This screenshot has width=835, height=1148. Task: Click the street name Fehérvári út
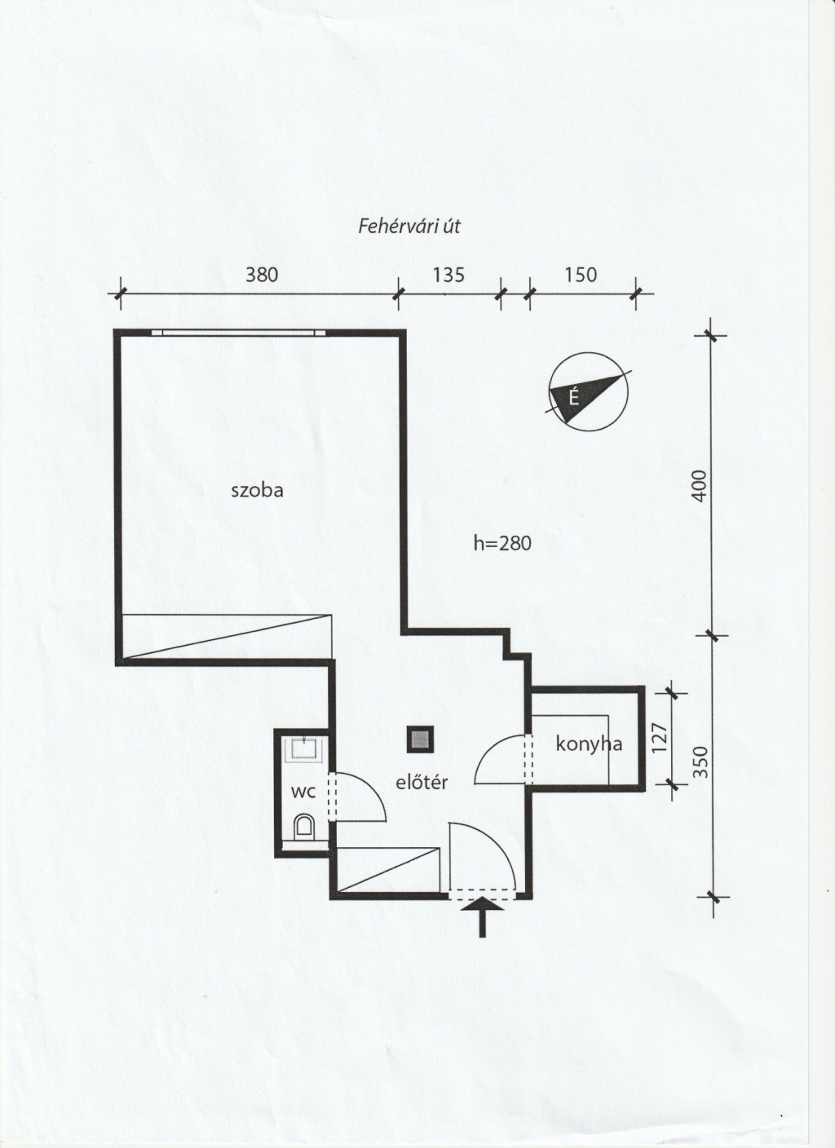coord(409,227)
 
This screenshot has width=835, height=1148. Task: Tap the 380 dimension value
coord(262,276)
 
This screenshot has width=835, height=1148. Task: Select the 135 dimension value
coord(448,276)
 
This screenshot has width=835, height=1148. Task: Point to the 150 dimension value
coord(581,276)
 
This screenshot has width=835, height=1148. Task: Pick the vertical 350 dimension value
coord(700,762)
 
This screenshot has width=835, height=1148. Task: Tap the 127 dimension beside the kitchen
coord(660,737)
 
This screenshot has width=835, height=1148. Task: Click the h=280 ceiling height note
coord(501,543)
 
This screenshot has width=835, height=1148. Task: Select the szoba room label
coord(258,491)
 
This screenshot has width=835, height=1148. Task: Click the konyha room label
coord(589,744)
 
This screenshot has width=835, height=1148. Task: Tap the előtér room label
coord(422,782)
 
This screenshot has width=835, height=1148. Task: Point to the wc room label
coord(303,793)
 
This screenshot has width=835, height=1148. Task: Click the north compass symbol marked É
coord(588,391)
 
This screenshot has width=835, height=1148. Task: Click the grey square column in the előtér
coord(420,739)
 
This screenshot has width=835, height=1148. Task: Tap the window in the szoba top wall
coord(239,332)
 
